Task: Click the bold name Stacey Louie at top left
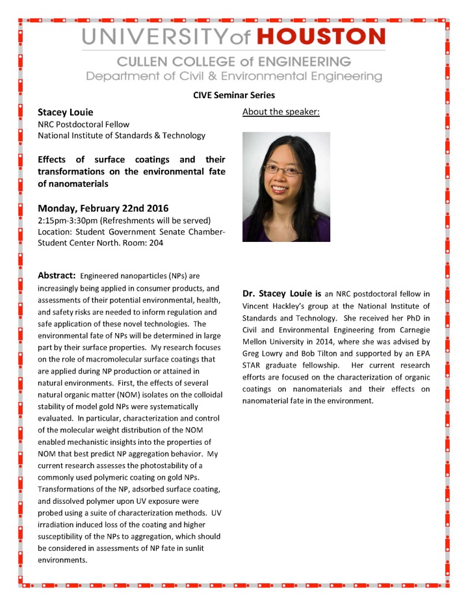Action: coord(65,112)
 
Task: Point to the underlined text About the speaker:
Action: coord(281,112)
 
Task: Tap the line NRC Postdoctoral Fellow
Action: coord(83,124)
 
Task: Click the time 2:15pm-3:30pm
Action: coord(68,221)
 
